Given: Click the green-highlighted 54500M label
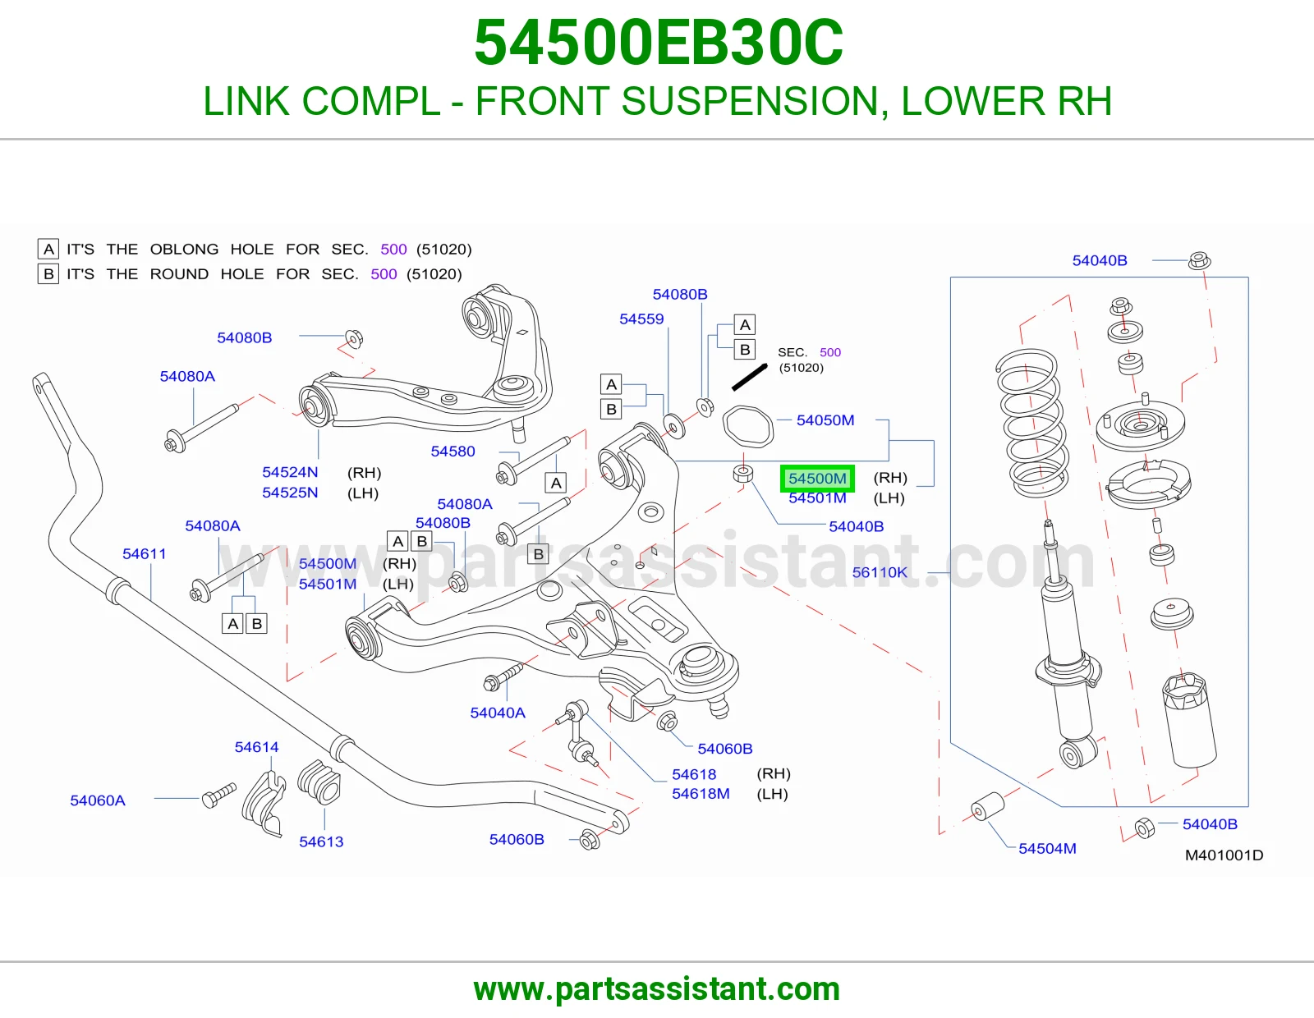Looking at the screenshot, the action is point(817,479).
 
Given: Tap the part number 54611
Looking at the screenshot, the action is point(144,553).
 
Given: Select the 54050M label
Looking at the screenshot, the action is point(825,420).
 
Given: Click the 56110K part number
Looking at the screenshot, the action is point(880,572).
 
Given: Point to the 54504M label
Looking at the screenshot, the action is point(1047,849).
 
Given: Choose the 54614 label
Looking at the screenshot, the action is point(256,747).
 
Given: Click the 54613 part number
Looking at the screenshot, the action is point(321,842).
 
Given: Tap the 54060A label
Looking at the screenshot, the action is point(98,801).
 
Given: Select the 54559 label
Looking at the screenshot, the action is point(641,319).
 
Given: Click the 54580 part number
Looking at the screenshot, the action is point(453,452).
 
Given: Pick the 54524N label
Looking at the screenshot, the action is point(290,472).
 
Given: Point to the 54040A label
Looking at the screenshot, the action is point(498,713).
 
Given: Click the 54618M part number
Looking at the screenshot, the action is point(701,794).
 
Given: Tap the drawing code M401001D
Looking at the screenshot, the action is point(1224,855).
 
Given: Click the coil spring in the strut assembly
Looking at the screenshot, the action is point(1031,424).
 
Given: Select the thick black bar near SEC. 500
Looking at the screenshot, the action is point(750,377).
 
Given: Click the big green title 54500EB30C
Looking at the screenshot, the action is point(659,43).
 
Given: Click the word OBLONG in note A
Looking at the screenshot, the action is point(184,249).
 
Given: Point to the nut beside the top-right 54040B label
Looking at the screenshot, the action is point(1200,260).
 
